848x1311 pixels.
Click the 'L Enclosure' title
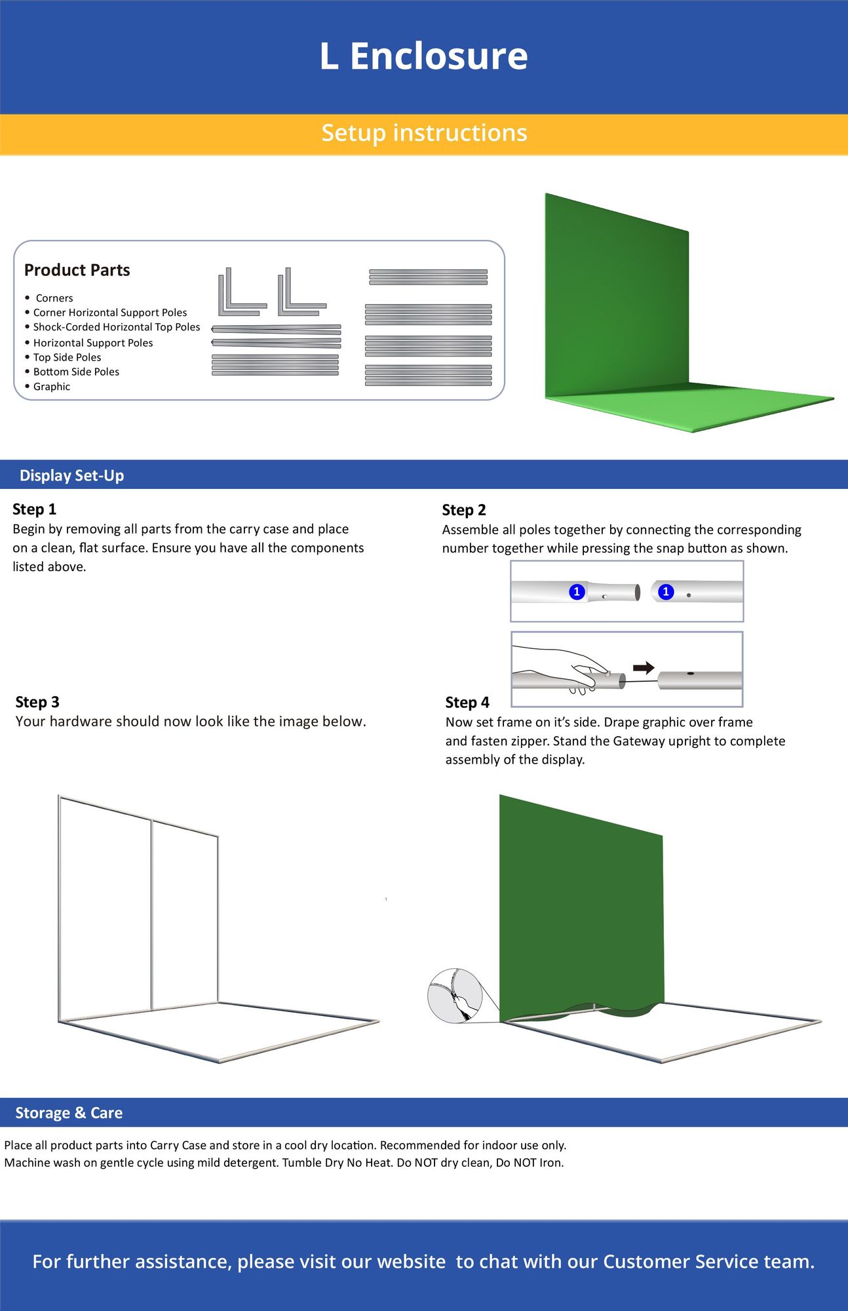point(423,56)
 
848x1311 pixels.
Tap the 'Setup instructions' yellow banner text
point(424,133)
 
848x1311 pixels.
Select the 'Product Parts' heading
point(77,270)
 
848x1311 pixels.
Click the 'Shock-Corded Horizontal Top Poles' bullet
point(117,327)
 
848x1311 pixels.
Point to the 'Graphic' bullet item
point(52,387)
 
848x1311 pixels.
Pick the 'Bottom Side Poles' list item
point(76,372)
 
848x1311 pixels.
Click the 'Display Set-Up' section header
point(71,475)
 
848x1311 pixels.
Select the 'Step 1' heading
point(34,509)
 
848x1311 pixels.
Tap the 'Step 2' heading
point(463,510)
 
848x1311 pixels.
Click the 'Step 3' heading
point(37,702)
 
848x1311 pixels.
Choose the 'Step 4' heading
point(467,703)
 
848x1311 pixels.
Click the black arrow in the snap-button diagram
point(644,668)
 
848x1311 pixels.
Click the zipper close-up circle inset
point(455,996)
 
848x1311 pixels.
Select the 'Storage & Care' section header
point(69,1112)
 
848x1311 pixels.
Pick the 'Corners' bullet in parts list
point(54,298)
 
